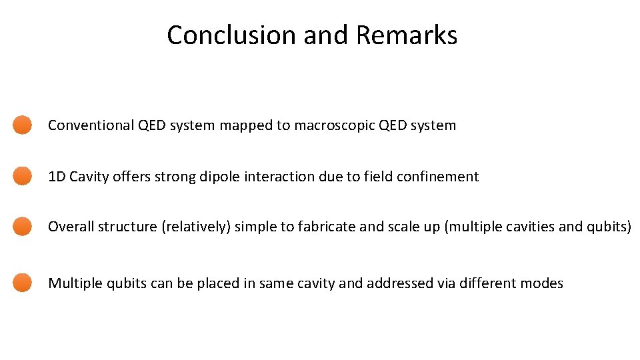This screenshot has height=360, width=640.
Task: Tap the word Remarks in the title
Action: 407,35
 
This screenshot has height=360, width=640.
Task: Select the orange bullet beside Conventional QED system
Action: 23,125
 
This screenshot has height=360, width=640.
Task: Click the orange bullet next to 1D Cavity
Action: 23,176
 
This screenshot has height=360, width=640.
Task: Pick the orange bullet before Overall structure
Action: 23,226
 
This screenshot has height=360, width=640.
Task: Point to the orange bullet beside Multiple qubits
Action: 23,283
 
